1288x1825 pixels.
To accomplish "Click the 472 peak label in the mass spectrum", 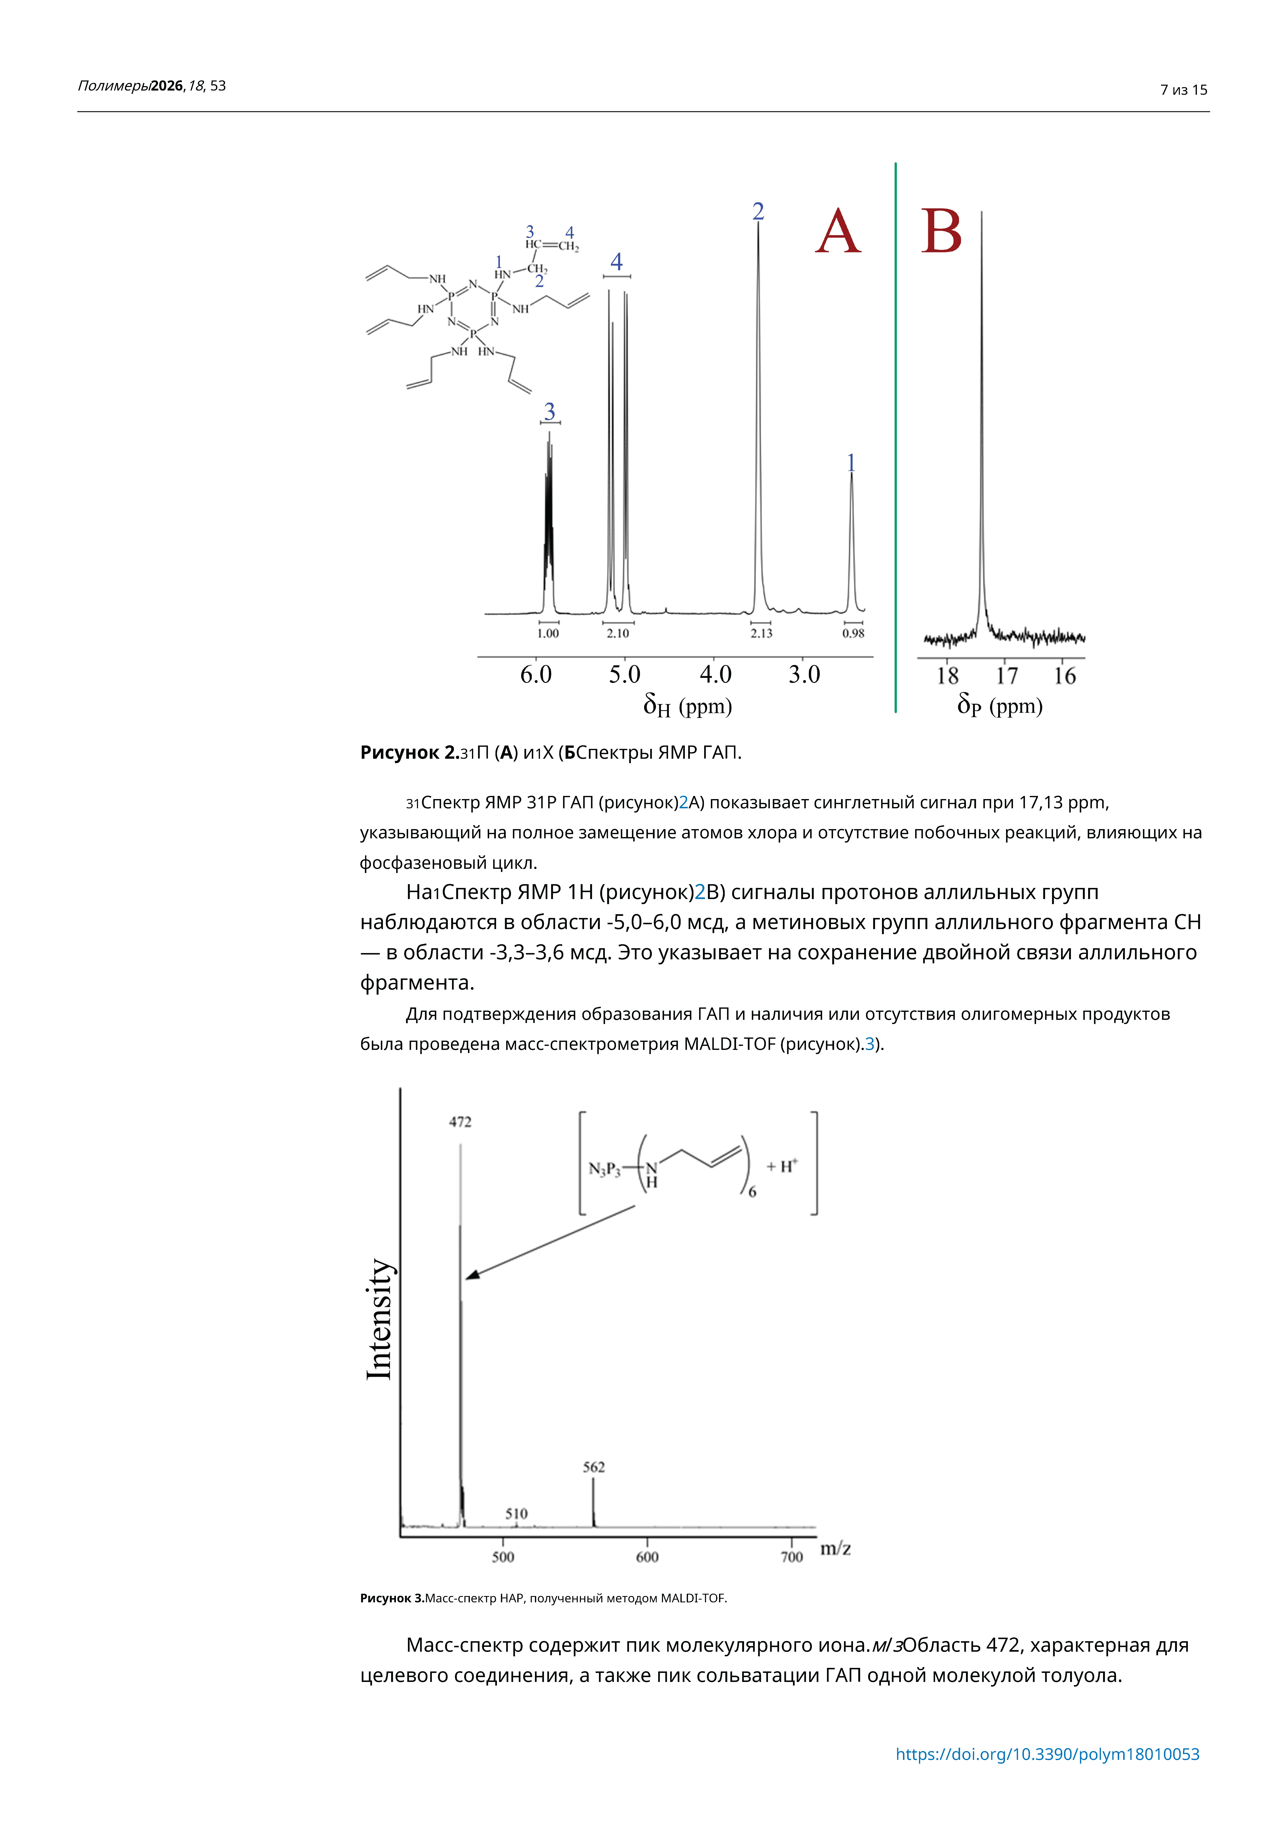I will coord(460,1122).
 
